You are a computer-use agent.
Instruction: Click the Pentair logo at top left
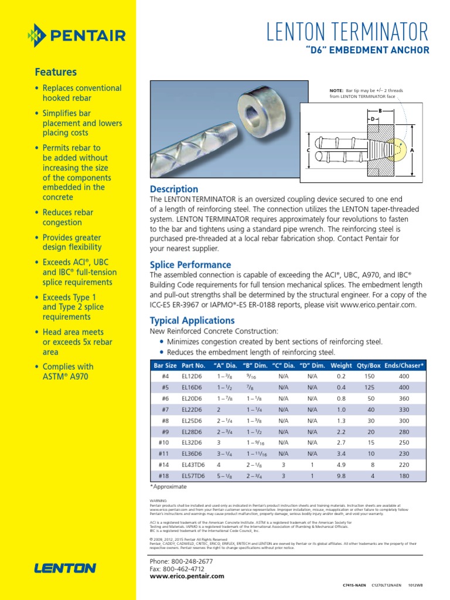[x=76, y=36]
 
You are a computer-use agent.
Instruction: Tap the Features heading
[x=56, y=72]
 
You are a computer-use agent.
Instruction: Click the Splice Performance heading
[x=190, y=265]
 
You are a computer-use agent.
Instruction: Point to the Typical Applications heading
[x=192, y=321]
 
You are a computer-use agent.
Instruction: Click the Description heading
[x=174, y=189]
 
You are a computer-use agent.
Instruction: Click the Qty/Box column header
[x=369, y=365]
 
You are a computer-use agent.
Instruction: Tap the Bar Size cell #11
[x=164, y=454]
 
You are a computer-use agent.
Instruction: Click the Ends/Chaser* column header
[x=404, y=365]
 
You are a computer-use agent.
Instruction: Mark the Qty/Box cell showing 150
[x=369, y=376]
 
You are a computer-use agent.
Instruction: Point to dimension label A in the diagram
[x=412, y=151]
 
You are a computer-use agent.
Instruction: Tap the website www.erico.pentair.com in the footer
[x=187, y=576]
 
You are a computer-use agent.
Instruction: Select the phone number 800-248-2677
[x=189, y=561]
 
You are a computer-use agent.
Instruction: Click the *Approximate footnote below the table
[x=169, y=487]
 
